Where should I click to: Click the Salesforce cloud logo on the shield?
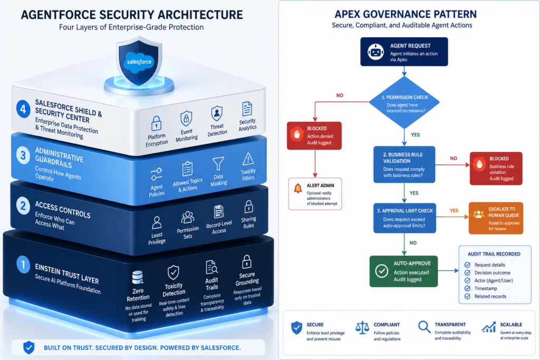point(139,62)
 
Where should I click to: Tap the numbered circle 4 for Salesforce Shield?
point(23,109)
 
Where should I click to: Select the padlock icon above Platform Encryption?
point(156,123)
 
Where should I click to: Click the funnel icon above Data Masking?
point(218,164)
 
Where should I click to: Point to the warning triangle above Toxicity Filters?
point(248,159)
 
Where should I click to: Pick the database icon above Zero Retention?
point(138,278)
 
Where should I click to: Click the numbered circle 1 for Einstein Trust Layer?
point(23,264)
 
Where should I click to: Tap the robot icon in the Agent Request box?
point(375,52)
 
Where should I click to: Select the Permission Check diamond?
point(404,103)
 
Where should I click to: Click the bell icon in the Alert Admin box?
point(298,188)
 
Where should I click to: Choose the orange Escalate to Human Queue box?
point(496,218)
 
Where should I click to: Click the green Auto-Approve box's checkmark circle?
point(382,271)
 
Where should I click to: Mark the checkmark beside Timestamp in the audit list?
point(467,288)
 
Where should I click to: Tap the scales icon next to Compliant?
point(362,328)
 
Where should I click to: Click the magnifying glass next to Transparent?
point(425,327)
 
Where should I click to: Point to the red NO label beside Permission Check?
point(340,95)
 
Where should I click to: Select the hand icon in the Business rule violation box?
point(479,164)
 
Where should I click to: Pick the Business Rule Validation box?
point(404,164)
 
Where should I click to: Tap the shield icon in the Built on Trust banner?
point(29,347)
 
